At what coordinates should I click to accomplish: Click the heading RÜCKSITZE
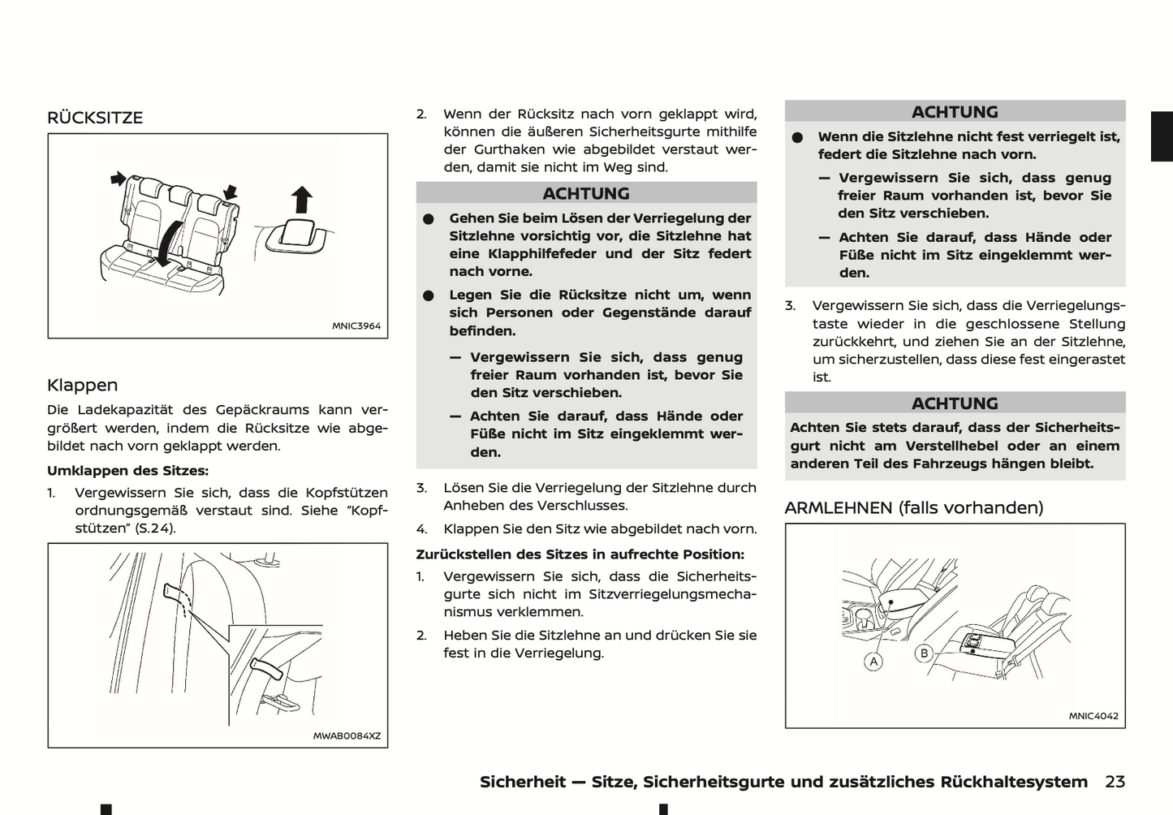pyautogui.click(x=95, y=118)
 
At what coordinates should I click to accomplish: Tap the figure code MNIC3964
pyautogui.click(x=356, y=326)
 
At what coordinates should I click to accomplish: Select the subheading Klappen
pyautogui.click(x=82, y=385)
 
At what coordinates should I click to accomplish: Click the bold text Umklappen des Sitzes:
pyautogui.click(x=127, y=471)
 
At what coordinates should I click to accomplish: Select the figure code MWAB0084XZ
pyautogui.click(x=347, y=736)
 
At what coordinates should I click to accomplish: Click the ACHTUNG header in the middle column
pyautogui.click(x=586, y=193)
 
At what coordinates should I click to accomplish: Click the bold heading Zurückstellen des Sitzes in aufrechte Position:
pyautogui.click(x=580, y=554)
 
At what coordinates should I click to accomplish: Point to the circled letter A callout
pyautogui.click(x=873, y=662)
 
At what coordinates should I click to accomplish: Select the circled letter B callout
pyautogui.click(x=924, y=653)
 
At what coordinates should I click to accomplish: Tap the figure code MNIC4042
pyautogui.click(x=1093, y=716)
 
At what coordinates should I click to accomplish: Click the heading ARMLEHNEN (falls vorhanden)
pyautogui.click(x=914, y=507)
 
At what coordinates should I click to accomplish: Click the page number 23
pyautogui.click(x=1115, y=782)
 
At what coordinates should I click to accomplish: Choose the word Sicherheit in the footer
pyautogui.click(x=522, y=782)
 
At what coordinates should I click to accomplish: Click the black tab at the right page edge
pyautogui.click(x=1162, y=136)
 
